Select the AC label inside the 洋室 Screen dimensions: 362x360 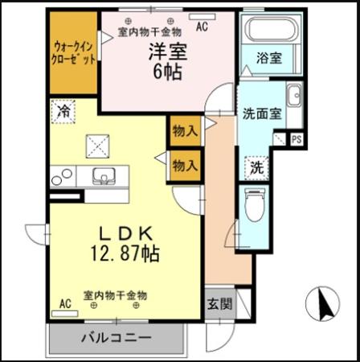click(x=201, y=27)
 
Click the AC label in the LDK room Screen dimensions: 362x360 click(x=63, y=303)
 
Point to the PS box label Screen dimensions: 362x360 click(x=296, y=139)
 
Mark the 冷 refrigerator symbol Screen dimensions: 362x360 click(x=63, y=111)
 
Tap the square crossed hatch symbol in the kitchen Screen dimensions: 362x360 click(x=102, y=146)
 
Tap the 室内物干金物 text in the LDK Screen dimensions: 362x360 click(x=116, y=294)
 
